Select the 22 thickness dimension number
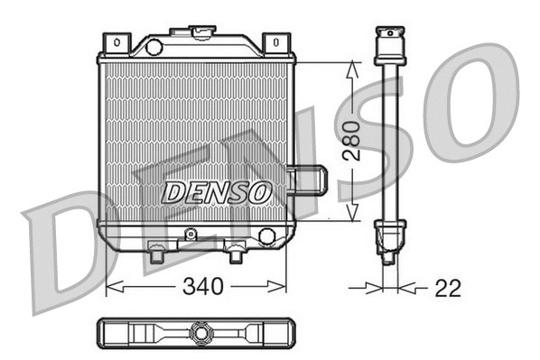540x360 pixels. coord(447,288)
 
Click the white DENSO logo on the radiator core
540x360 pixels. coord(217,191)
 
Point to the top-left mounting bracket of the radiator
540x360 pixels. coord(116,42)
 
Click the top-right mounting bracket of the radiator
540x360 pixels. coord(275,42)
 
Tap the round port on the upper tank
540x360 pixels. coord(154,46)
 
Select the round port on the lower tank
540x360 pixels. coord(266,236)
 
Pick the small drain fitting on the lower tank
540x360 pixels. coord(191,235)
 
